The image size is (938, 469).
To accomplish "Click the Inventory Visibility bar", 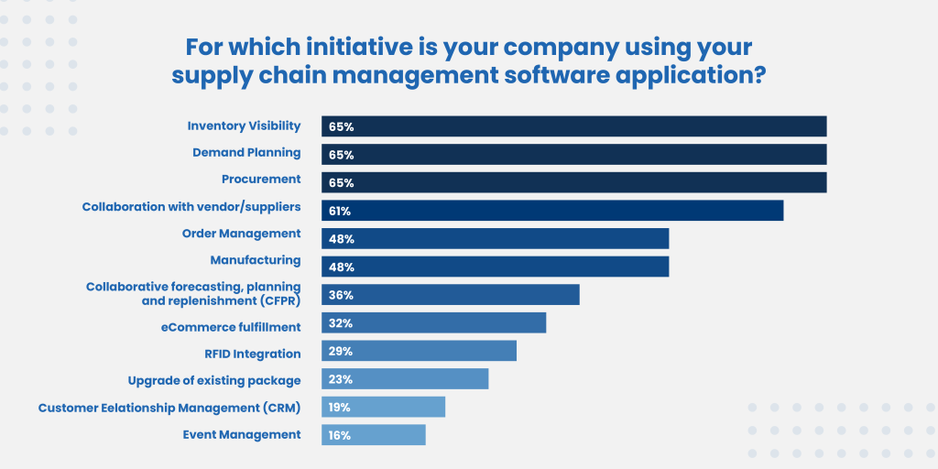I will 573,126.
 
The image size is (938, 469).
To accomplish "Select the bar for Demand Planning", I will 573,154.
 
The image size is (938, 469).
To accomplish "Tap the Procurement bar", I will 573,182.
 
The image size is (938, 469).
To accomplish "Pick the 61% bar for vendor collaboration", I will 552,211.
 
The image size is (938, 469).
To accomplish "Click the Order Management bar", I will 495,238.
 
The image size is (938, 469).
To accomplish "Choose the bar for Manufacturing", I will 495,267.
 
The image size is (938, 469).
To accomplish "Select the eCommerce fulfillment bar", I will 433,323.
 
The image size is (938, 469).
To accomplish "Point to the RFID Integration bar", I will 419,351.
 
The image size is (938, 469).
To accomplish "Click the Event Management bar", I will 374,435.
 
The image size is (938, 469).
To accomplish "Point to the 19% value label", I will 340,408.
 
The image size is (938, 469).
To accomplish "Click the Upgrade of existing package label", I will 213,380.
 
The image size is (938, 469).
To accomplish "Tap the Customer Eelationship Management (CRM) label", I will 169,408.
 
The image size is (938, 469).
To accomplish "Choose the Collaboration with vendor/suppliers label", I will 191,207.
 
